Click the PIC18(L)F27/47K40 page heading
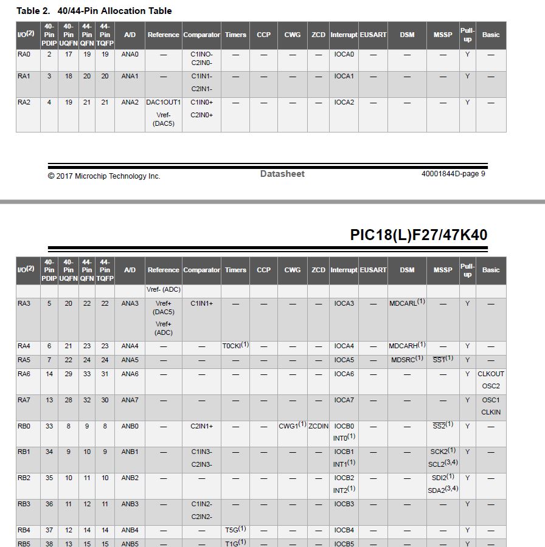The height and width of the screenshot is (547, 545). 418,235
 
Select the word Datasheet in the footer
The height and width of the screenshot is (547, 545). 282,174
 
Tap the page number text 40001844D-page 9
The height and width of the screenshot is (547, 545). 453,174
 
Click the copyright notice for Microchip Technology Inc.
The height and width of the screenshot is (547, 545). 104,176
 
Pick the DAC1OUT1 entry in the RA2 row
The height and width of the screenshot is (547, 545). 164,102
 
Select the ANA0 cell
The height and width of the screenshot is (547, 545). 130,54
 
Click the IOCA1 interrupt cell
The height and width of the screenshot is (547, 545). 344,76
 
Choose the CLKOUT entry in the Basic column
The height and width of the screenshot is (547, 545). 491,374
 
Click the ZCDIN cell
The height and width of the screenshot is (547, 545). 318,426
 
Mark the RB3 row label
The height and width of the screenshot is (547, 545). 24,504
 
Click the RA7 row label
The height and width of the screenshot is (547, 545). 24,400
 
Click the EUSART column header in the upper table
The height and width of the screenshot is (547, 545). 373,35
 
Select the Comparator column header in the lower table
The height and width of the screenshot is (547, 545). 201,270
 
